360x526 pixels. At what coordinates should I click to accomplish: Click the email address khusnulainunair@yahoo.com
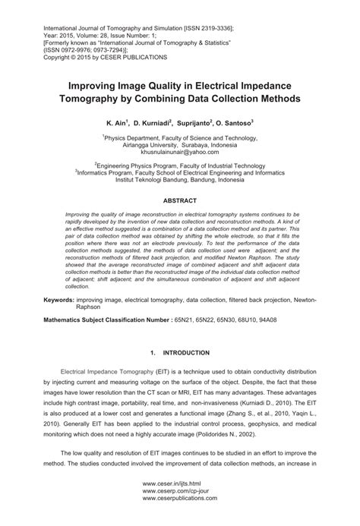180,152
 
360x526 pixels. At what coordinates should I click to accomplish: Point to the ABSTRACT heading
180,200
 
